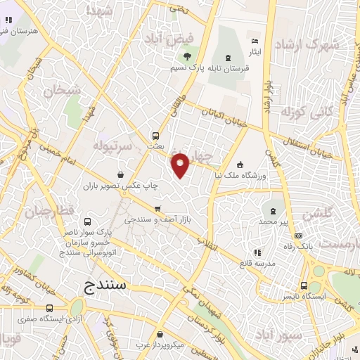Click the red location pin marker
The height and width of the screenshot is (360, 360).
pos(181,165)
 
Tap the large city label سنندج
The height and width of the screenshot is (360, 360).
pos(98,285)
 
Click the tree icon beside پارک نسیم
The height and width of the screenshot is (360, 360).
pos(186,57)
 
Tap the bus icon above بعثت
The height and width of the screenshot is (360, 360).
pos(155,136)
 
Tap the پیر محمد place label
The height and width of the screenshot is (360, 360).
pos(272,222)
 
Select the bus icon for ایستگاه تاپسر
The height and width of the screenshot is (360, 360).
pos(304,285)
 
